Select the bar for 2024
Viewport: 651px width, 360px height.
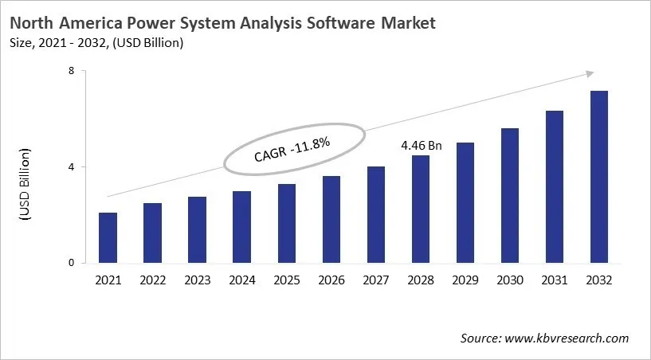coord(241,227)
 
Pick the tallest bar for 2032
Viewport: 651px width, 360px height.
coord(598,177)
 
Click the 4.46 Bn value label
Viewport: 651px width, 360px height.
coord(421,147)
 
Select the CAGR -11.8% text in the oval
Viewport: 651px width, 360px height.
coord(292,149)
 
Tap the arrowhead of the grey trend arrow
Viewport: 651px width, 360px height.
coord(589,73)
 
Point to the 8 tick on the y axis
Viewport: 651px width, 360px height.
coord(71,71)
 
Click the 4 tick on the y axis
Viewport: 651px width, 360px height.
coord(71,167)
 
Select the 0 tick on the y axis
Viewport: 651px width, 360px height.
coord(71,263)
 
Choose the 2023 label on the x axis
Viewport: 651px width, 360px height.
coord(197,280)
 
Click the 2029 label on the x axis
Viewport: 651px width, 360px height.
coord(465,280)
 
